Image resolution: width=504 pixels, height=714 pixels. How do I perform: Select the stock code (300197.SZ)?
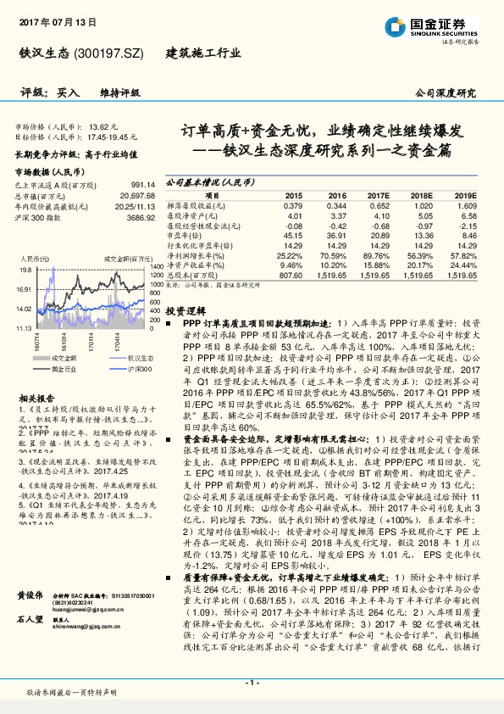click(110, 53)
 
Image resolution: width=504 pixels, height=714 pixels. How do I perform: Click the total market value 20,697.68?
click(136, 195)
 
